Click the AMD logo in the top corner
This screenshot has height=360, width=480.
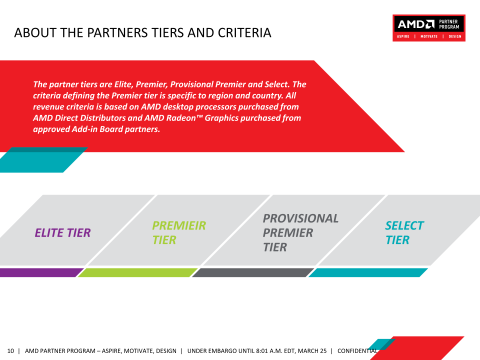415,24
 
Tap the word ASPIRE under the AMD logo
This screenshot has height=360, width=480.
403,36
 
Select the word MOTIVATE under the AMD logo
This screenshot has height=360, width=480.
429,36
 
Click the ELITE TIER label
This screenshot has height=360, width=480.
63,232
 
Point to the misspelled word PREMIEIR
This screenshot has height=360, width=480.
179,225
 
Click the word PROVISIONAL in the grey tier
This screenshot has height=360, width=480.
300,218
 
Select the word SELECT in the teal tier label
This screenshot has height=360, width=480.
404,225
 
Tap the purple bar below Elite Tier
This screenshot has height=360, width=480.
41,272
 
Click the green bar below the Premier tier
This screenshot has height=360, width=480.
137,272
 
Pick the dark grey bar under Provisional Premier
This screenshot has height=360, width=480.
253,272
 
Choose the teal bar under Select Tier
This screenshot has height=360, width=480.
368,272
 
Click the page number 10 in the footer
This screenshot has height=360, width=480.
10,351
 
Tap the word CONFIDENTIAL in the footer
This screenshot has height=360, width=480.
357,351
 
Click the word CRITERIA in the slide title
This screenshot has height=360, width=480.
244,33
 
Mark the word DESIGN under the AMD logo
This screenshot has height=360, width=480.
455,36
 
